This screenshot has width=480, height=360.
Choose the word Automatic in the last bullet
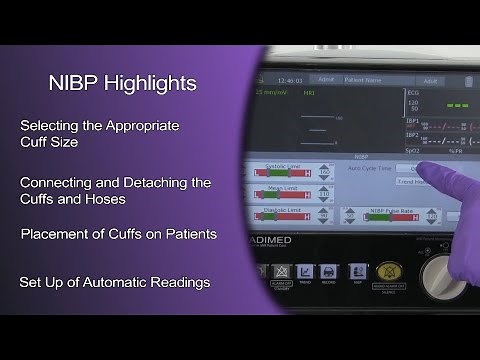[112, 282]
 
